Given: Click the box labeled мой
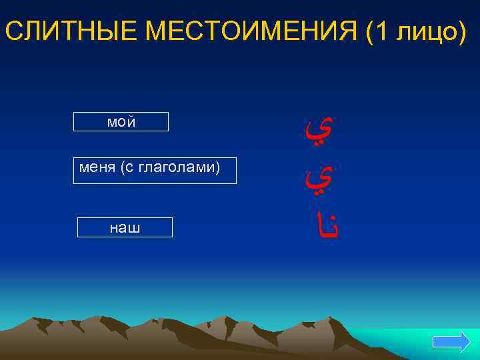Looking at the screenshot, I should [x=121, y=122].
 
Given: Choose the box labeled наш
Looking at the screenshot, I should [x=125, y=227].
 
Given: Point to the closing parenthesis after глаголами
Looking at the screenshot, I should [x=217, y=167].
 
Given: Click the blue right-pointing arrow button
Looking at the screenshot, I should [x=451, y=342].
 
